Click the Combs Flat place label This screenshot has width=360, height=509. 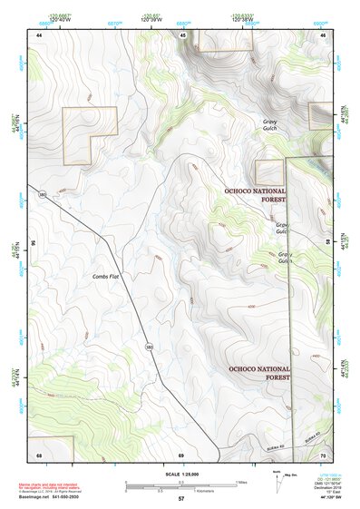click(105, 275)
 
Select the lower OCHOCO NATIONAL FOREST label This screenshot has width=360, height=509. click(259, 373)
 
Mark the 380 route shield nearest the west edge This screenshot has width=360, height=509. click(43, 194)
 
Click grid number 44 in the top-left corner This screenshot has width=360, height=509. click(39, 34)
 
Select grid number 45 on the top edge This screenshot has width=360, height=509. click(182, 34)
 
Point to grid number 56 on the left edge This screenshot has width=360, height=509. click(34, 243)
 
